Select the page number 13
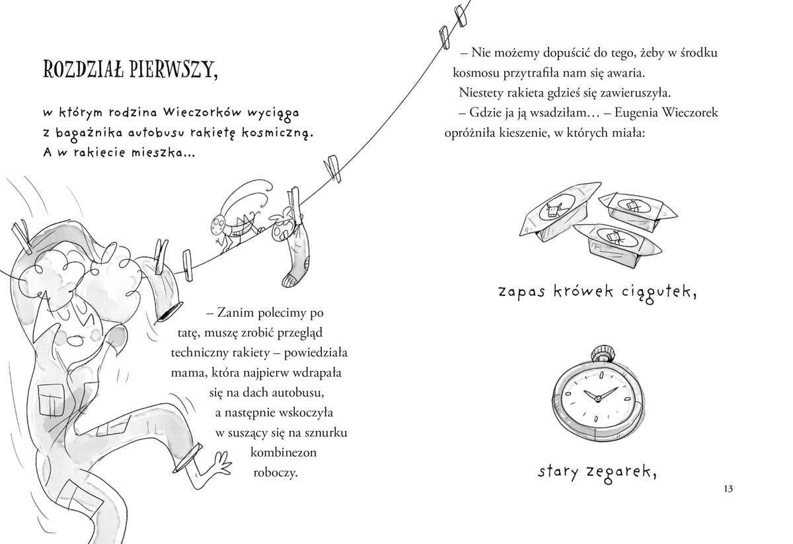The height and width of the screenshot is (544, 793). pyautogui.click(x=728, y=489)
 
